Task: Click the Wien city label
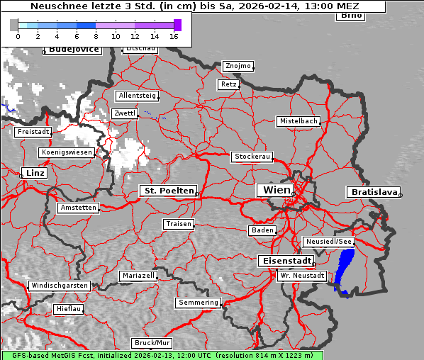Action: pyautogui.click(x=277, y=190)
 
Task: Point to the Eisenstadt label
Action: pyautogui.click(x=284, y=261)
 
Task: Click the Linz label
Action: pyautogui.click(x=33, y=173)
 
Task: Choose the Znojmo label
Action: pyautogui.click(x=238, y=66)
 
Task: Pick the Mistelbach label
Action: pyautogui.click(x=298, y=121)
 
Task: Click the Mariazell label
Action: pyautogui.click(x=138, y=275)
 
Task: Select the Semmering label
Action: pyautogui.click(x=199, y=303)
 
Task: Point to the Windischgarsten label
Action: pyautogui.click(x=59, y=286)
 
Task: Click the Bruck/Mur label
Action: pyautogui.click(x=152, y=342)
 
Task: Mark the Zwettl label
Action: pyautogui.click(x=125, y=113)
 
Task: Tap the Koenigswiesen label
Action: pyautogui.click(x=67, y=152)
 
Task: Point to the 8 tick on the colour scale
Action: pyautogui.click(x=96, y=35)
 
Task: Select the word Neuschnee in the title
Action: pyautogui.click(x=55, y=6)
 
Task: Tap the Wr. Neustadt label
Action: pyautogui.click(x=302, y=275)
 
